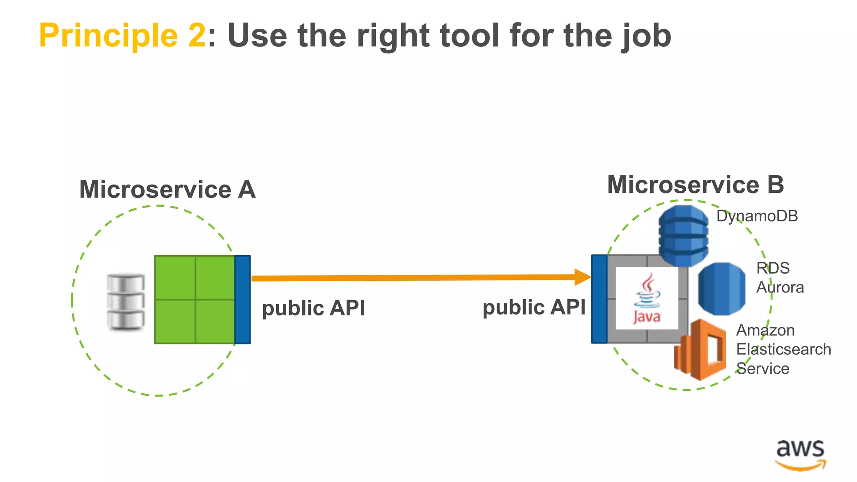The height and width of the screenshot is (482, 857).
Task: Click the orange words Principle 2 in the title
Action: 122,36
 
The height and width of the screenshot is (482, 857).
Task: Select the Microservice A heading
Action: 167,190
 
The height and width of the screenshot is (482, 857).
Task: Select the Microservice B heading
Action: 695,185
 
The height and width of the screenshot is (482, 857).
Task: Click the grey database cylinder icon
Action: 126,301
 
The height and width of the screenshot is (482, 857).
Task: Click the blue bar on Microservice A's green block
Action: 243,300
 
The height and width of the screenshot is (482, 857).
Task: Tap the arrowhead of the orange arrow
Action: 582,277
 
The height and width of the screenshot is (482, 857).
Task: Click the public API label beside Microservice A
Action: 313,308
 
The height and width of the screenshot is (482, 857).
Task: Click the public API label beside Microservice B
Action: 534,308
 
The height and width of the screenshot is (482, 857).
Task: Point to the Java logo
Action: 647,298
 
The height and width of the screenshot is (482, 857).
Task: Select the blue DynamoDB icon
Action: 683,236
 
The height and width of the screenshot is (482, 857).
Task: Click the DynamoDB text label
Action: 757,216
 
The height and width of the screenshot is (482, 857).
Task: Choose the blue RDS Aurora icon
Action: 721,289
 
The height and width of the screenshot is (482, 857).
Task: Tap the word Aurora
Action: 780,287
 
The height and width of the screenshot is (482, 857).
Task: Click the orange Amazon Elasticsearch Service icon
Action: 700,350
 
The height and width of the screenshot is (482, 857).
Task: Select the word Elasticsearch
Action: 783,349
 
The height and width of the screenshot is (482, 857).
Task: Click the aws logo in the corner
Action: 800,455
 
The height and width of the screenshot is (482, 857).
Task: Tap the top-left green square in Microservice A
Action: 175,277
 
